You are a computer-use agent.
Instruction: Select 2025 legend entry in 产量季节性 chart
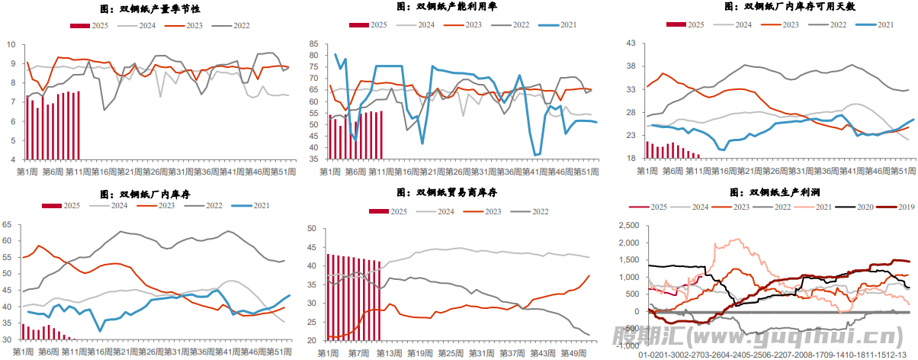coord(89,25)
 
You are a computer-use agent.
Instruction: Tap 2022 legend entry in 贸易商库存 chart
coord(531,211)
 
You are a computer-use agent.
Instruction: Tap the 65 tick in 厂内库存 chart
coord(8,224)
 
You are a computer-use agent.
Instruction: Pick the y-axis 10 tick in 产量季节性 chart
coord(11,43)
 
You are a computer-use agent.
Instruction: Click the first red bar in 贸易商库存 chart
coord(329,297)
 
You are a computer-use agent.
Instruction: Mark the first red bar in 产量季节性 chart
coord(27,128)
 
